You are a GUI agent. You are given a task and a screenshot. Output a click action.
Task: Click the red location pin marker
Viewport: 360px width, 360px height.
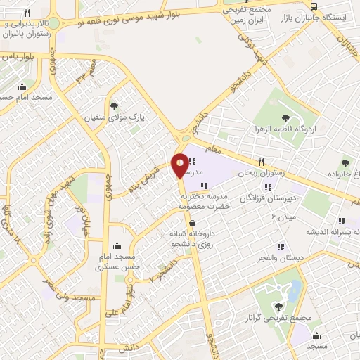[180, 163]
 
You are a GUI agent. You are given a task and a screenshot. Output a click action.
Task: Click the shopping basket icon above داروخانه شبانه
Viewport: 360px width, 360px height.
[192, 224]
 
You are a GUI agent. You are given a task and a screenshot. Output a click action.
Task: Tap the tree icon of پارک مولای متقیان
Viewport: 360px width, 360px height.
[115, 106]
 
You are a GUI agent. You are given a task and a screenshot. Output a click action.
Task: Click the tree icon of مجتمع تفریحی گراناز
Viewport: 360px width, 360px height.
[279, 307]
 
